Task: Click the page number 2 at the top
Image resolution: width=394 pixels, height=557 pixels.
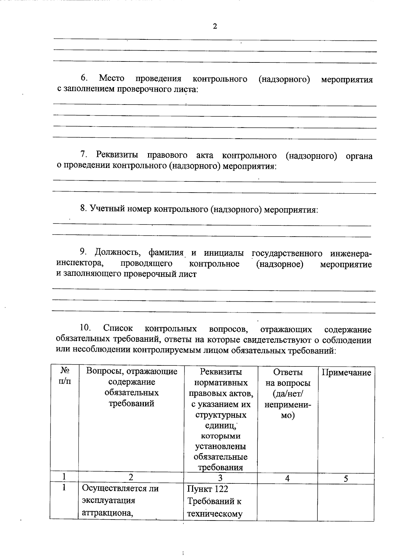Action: pyautogui.click(x=215, y=27)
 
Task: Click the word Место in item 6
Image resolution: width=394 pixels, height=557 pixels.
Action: pyautogui.click(x=112, y=79)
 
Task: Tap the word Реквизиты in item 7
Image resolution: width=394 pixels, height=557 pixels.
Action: pyautogui.click(x=117, y=155)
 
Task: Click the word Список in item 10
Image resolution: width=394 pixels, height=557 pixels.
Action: pyautogui.click(x=118, y=328)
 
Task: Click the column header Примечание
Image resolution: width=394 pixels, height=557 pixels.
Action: pyautogui.click(x=346, y=372)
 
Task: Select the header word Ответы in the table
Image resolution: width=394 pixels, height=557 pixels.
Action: pyautogui.click(x=288, y=372)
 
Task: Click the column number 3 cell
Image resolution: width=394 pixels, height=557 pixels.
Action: pyautogui.click(x=220, y=478)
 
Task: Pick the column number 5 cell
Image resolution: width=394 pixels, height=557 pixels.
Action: pyautogui.click(x=346, y=478)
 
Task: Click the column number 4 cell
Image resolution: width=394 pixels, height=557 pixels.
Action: pyautogui.click(x=287, y=478)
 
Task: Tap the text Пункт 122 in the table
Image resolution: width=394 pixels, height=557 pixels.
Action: pyautogui.click(x=208, y=489)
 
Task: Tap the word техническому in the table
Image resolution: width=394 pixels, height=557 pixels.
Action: pyautogui.click(x=215, y=514)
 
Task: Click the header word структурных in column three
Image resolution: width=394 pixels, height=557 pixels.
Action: pyautogui.click(x=221, y=415)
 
